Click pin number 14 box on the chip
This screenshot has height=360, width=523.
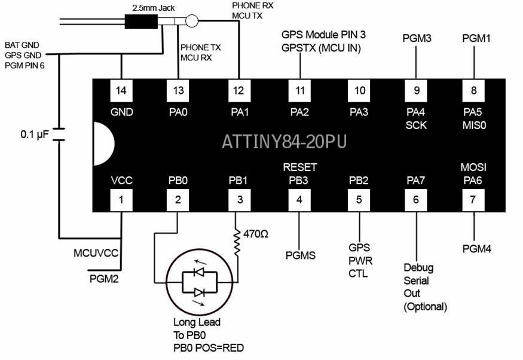tap(121, 91)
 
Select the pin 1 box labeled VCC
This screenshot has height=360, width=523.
tap(121, 200)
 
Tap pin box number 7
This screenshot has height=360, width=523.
tap(473, 200)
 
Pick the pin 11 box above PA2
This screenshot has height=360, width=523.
tap(300, 91)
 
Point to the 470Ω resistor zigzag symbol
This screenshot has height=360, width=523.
tap(237, 242)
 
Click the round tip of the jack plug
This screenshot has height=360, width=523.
tap(191, 23)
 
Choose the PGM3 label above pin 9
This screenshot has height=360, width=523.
tap(417, 38)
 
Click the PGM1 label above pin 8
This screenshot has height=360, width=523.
tap(476, 38)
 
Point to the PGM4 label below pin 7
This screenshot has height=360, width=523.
tap(476, 248)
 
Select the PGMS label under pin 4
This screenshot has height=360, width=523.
tap(300, 255)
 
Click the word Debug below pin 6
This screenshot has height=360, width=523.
tap(418, 267)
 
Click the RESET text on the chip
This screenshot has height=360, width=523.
tap(300, 167)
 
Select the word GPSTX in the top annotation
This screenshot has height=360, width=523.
tap(297, 48)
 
